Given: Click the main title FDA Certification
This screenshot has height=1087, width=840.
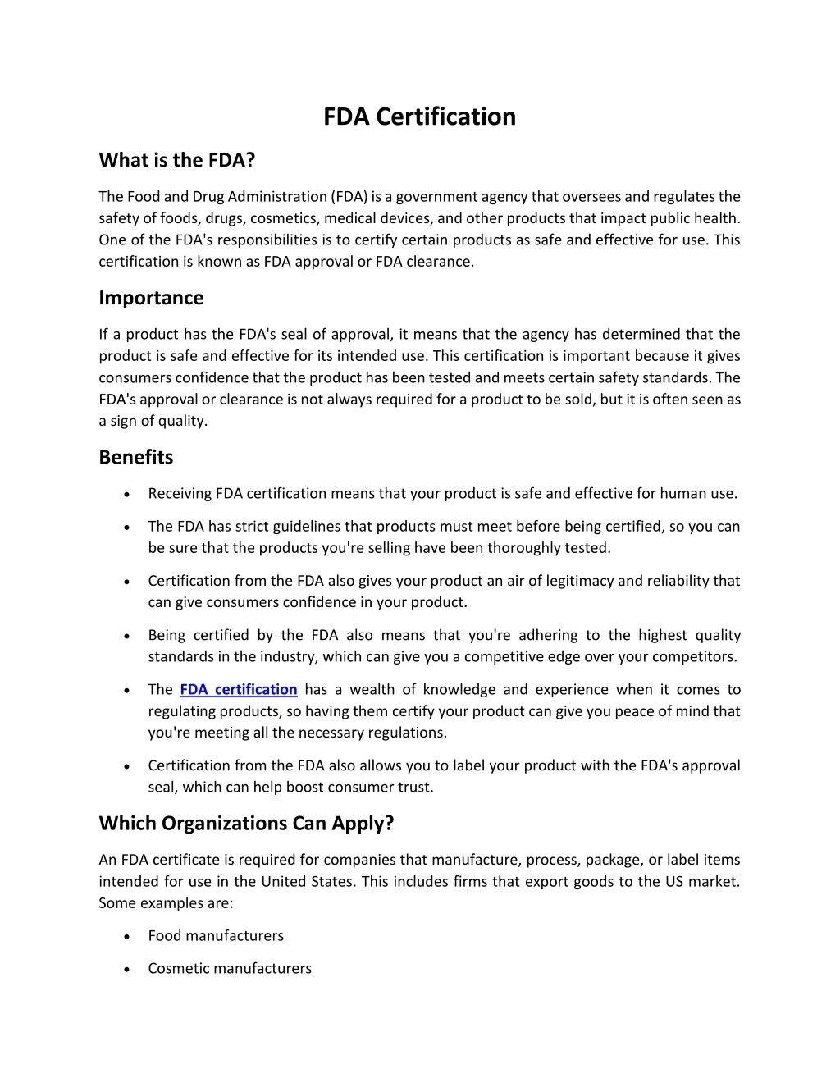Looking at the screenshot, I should [419, 116].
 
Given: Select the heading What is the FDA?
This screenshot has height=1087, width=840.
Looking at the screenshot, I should [177, 160].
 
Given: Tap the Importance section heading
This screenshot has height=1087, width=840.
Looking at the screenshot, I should [151, 298].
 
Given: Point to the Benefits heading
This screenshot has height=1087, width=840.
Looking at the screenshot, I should [136, 457].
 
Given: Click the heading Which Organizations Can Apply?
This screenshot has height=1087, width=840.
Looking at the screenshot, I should [246, 823].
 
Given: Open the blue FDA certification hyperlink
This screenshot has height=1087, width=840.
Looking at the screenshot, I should [238, 690].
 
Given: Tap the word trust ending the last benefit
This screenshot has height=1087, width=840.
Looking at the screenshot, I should [415, 788].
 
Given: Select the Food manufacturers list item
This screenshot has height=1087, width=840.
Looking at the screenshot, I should [216, 936].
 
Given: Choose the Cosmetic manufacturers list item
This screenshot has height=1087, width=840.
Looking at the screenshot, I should [230, 969].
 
